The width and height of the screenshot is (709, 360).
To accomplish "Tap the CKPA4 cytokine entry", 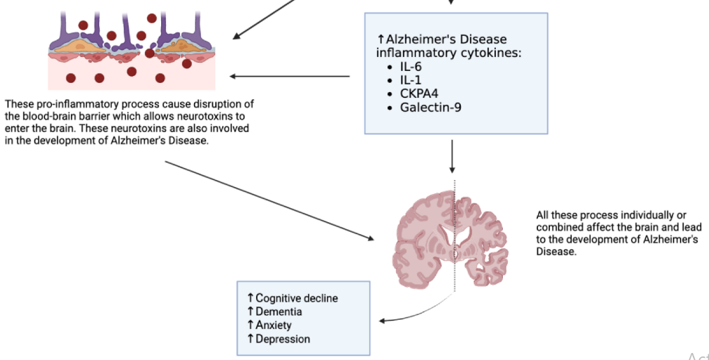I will [x=419, y=94].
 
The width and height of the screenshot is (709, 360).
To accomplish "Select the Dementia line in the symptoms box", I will [x=279, y=311].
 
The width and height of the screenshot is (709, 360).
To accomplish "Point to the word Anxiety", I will [x=273, y=325].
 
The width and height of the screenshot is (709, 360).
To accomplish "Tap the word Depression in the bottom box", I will [x=282, y=339].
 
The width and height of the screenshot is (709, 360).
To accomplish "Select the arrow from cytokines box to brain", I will [x=452, y=156].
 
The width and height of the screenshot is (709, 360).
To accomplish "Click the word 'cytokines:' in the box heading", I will [x=492, y=53].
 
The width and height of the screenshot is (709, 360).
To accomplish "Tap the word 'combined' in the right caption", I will [x=560, y=227].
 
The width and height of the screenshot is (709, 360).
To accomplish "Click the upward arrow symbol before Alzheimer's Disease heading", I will [x=381, y=39].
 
